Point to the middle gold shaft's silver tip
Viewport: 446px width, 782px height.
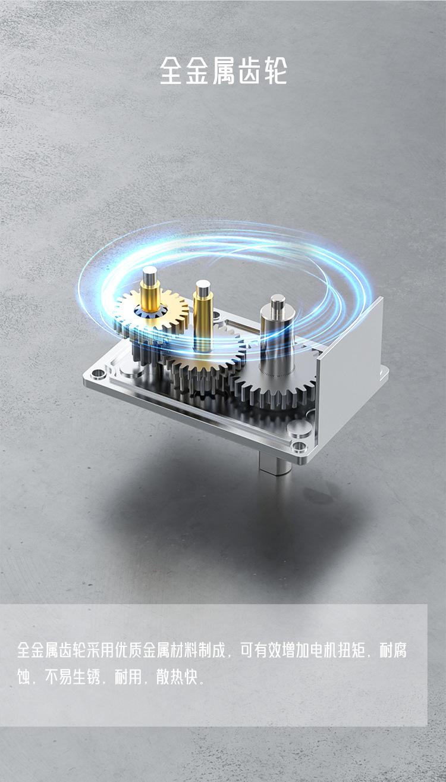point(203,287)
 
